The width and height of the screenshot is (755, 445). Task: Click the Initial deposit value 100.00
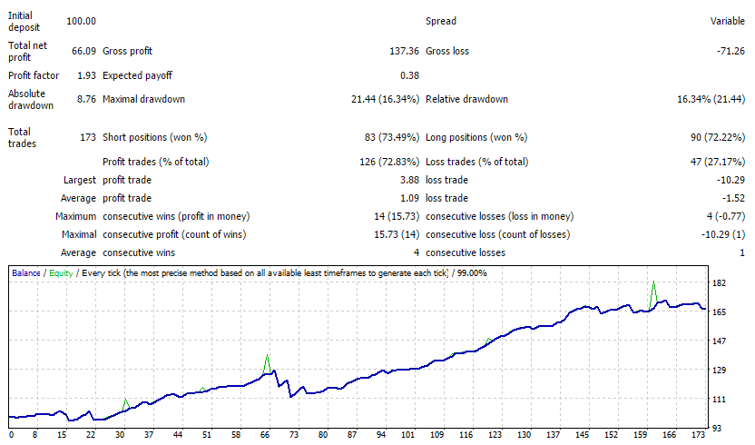81,21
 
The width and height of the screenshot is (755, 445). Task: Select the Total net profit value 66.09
83,51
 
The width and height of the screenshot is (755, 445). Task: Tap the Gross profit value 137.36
404,51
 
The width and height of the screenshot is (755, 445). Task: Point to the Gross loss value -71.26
730,51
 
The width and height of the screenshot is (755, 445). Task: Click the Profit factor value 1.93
87,75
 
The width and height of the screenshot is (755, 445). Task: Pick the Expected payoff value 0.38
410,75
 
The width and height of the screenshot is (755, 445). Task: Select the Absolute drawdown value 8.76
87,99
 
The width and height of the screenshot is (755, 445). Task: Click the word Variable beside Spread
728,21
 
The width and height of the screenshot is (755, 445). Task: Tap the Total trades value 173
88,137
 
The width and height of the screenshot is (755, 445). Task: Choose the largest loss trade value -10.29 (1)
723,235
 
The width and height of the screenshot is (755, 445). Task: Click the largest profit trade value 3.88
410,181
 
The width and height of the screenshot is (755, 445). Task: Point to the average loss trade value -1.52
733,198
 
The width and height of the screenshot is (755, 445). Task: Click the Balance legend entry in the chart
26,273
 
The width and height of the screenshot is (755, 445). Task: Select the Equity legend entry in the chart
61,273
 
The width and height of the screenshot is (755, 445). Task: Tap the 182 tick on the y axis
719,283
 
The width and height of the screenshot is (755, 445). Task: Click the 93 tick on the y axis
717,428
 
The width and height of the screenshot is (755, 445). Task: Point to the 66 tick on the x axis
265,435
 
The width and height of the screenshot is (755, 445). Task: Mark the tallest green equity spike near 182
653,282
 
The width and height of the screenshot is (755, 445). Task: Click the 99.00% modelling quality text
472,273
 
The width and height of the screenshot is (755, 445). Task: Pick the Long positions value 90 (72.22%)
718,137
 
